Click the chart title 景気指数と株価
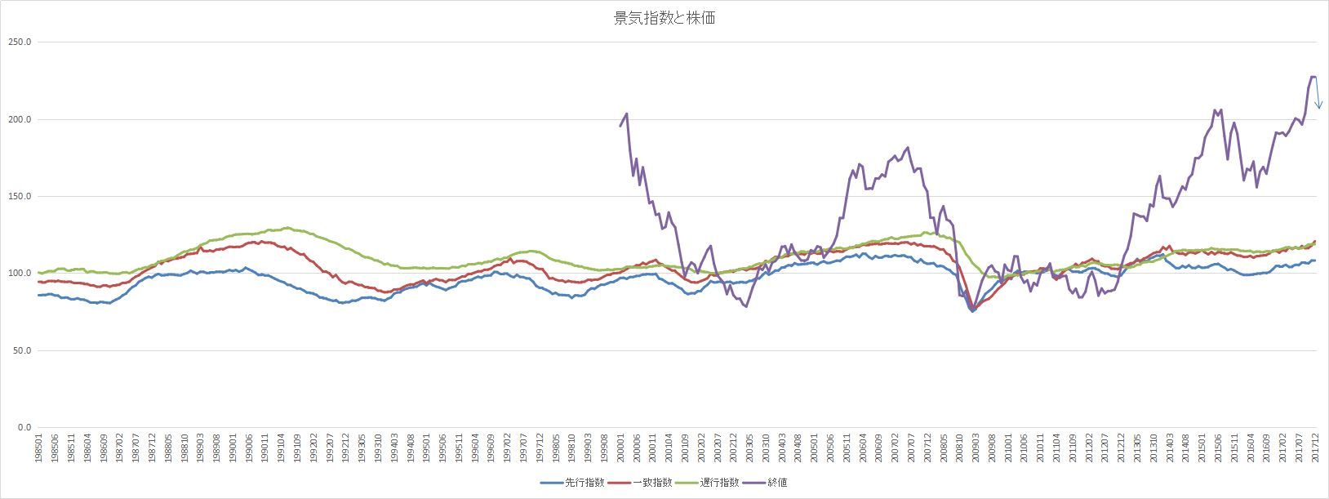pos(664,18)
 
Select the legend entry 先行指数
pos(584,483)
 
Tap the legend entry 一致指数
pos(651,483)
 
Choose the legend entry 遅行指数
pos(718,483)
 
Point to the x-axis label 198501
pos(39,449)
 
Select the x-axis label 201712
pos(1315,449)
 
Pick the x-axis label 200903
pos(975,449)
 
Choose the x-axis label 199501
pos(426,449)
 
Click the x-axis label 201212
pos(1122,449)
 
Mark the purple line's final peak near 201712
pos(1312,77)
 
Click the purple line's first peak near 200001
pos(626,114)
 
